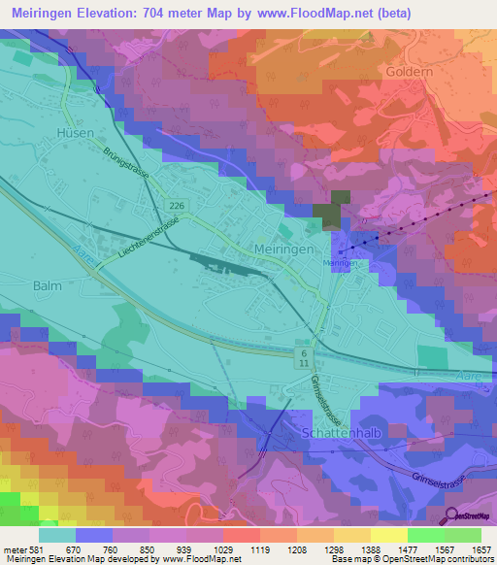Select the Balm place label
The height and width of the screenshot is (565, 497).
click(48, 285)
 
